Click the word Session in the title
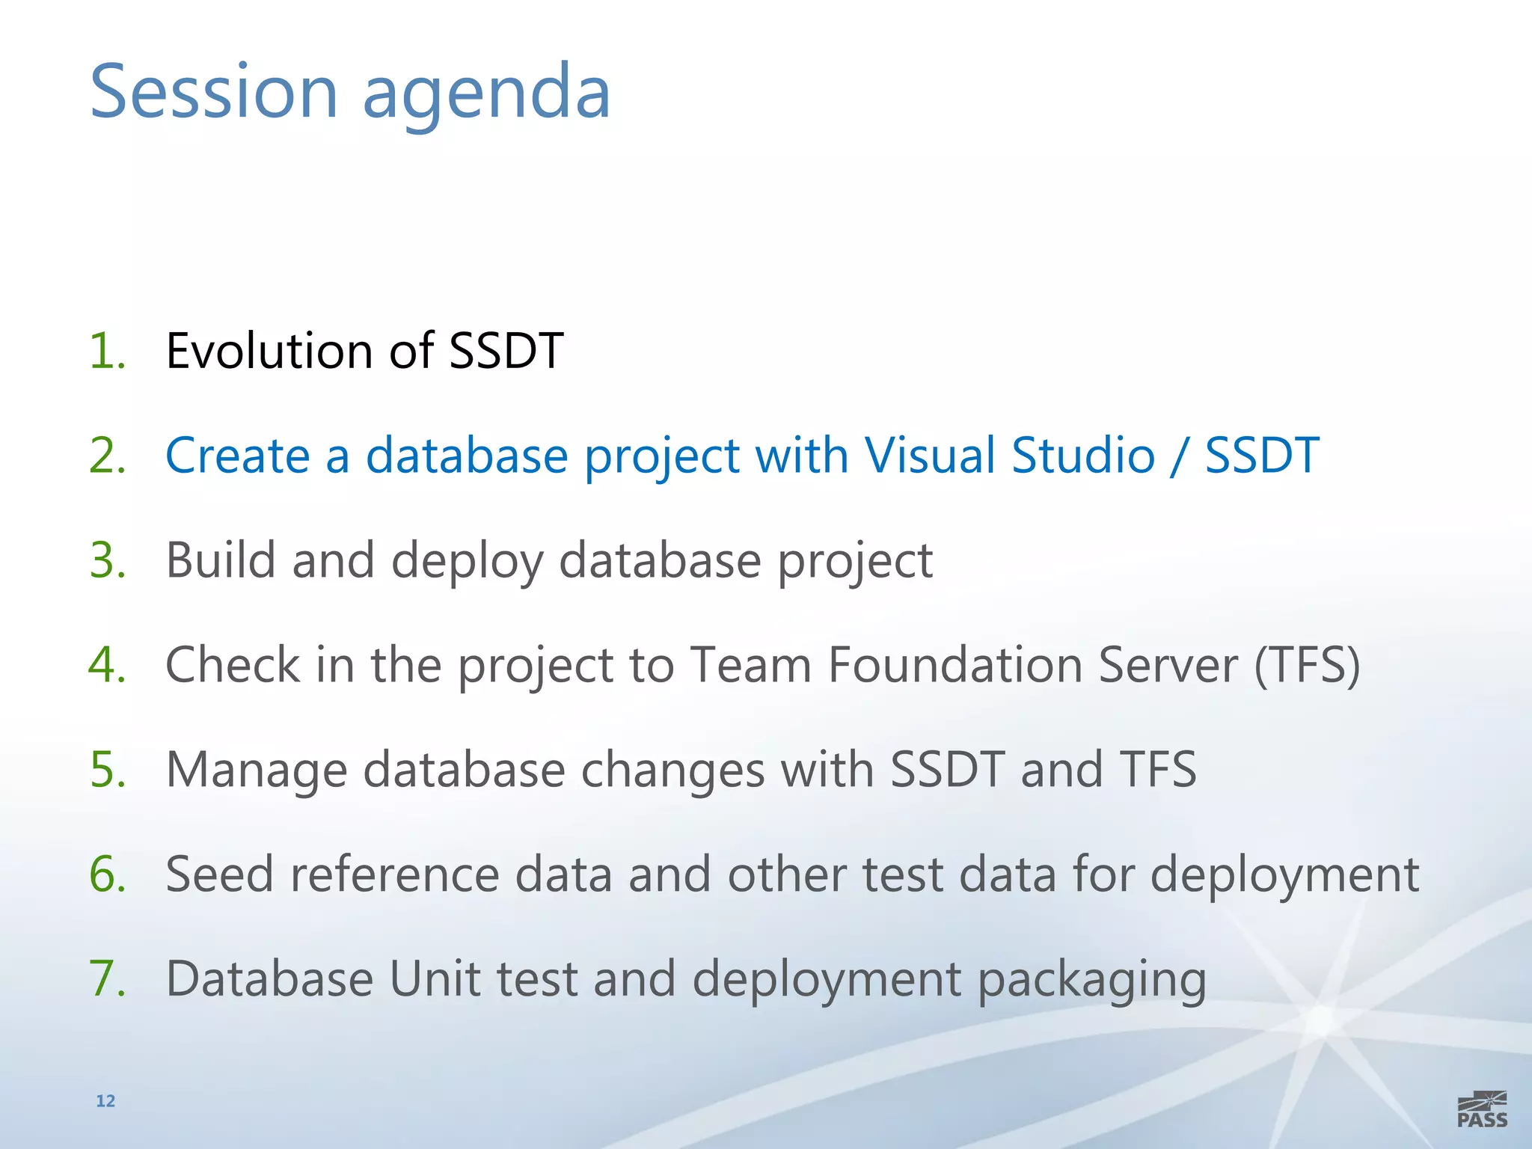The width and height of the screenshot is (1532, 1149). tap(214, 92)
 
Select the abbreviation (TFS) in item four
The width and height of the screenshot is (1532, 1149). tap(1307, 665)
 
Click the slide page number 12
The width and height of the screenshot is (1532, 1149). tap(105, 1100)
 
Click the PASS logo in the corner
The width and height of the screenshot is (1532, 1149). tap(1482, 1109)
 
